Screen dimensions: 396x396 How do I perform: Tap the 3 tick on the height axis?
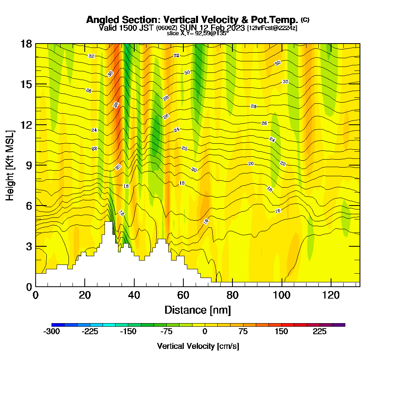point(29,246)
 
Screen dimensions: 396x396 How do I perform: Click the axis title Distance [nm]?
point(198,310)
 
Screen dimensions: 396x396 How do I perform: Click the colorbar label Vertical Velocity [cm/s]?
point(198,346)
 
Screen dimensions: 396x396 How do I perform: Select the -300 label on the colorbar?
point(51,331)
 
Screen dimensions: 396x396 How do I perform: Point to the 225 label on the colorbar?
point(320,331)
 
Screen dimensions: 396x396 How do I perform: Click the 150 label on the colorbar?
point(282,331)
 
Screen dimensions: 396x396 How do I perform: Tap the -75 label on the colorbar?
point(166,331)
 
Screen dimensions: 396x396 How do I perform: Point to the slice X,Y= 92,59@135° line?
point(198,34)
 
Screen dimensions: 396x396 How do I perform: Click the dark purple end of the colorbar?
point(341,325)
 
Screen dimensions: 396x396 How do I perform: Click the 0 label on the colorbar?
point(205,331)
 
